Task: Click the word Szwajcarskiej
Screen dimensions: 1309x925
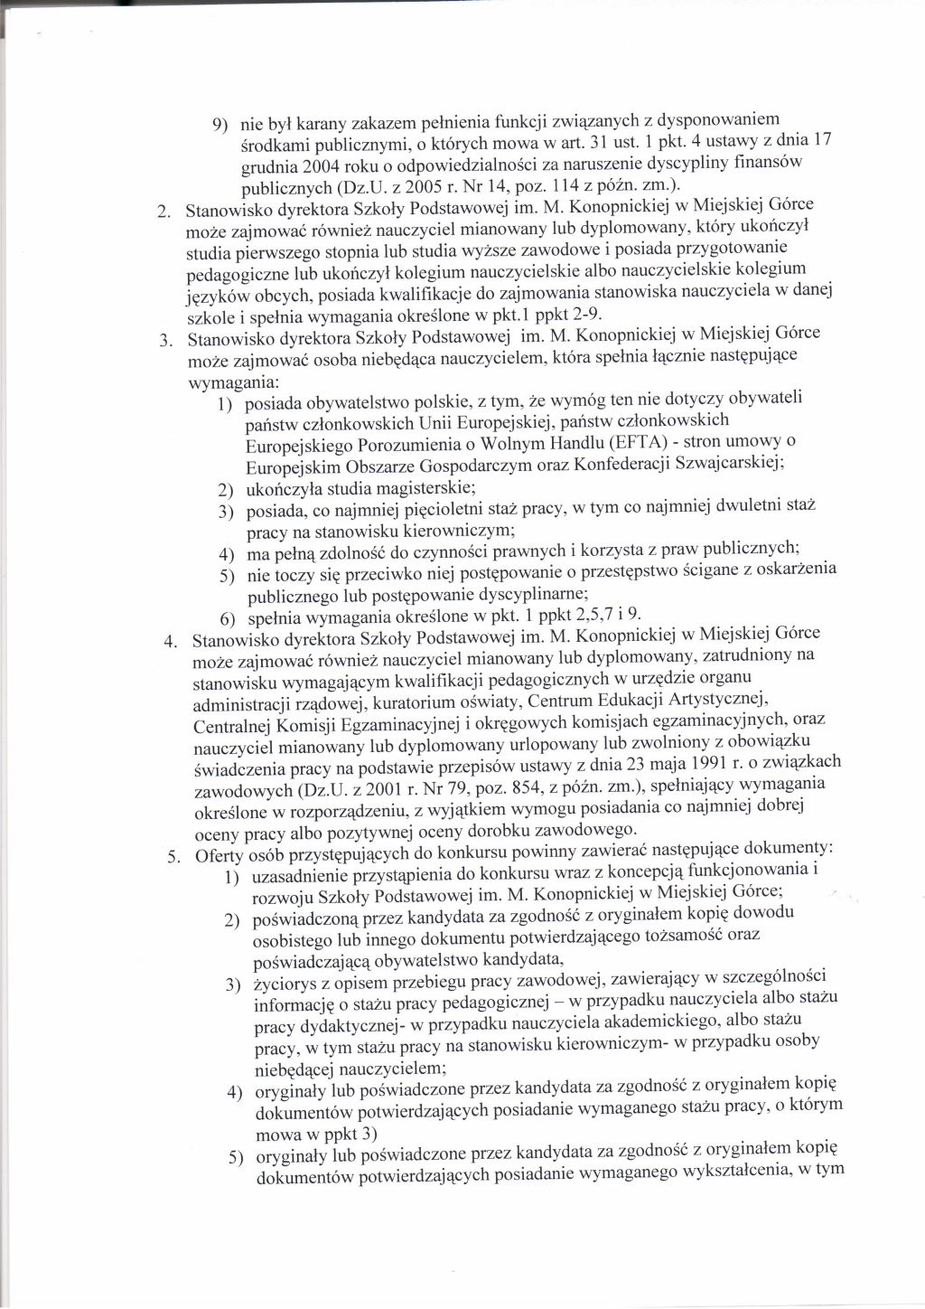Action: [735, 466]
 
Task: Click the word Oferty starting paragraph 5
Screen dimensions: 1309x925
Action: [220, 854]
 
